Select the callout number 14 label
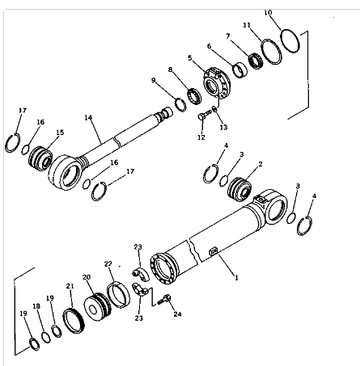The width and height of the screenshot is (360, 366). [x=87, y=117]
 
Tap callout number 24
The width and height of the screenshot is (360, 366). [x=178, y=314]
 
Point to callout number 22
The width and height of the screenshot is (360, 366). [x=108, y=264]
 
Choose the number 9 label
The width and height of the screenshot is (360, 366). [x=154, y=80]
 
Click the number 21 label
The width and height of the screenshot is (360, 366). [x=70, y=286]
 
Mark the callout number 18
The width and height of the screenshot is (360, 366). [x=36, y=306]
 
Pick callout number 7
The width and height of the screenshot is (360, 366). [x=229, y=36]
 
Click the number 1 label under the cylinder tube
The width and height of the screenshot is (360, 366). [x=235, y=277]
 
